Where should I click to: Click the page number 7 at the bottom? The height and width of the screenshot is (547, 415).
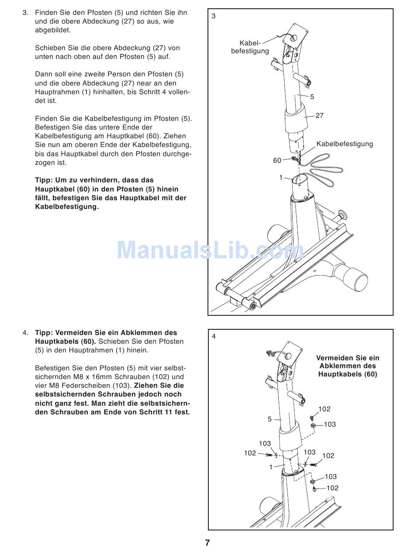(207, 542)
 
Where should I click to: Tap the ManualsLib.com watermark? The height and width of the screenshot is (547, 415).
(210, 250)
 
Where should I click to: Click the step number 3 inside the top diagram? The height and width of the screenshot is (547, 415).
(214, 16)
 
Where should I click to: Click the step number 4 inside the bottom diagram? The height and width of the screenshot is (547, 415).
(214, 336)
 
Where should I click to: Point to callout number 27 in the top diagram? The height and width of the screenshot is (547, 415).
(319, 116)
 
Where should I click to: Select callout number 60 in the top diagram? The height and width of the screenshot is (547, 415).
(277, 161)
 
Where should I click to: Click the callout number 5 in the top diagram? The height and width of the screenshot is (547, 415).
(312, 97)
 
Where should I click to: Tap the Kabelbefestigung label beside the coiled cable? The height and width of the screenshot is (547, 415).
(345, 144)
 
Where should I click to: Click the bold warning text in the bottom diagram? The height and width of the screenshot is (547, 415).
(347, 366)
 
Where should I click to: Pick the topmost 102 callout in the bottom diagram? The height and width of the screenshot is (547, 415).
(324, 409)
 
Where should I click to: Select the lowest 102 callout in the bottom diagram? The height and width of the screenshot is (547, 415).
(332, 488)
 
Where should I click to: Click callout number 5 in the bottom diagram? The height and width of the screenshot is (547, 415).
(270, 419)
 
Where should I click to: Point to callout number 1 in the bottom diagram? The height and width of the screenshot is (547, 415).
(271, 467)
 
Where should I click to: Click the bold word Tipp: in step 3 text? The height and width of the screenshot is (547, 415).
(44, 180)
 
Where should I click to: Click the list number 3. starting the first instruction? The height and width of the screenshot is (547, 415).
(25, 13)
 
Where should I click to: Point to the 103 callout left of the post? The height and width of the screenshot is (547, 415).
(265, 444)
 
